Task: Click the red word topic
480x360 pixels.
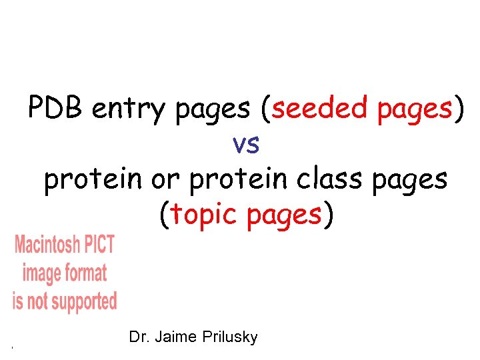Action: click(205, 215)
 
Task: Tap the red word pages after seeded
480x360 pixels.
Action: click(415, 109)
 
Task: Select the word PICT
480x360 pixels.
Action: click(100, 245)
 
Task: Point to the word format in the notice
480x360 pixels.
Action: click(85, 273)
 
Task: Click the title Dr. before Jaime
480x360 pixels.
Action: click(139, 337)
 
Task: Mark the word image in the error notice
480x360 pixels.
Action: click(41, 274)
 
